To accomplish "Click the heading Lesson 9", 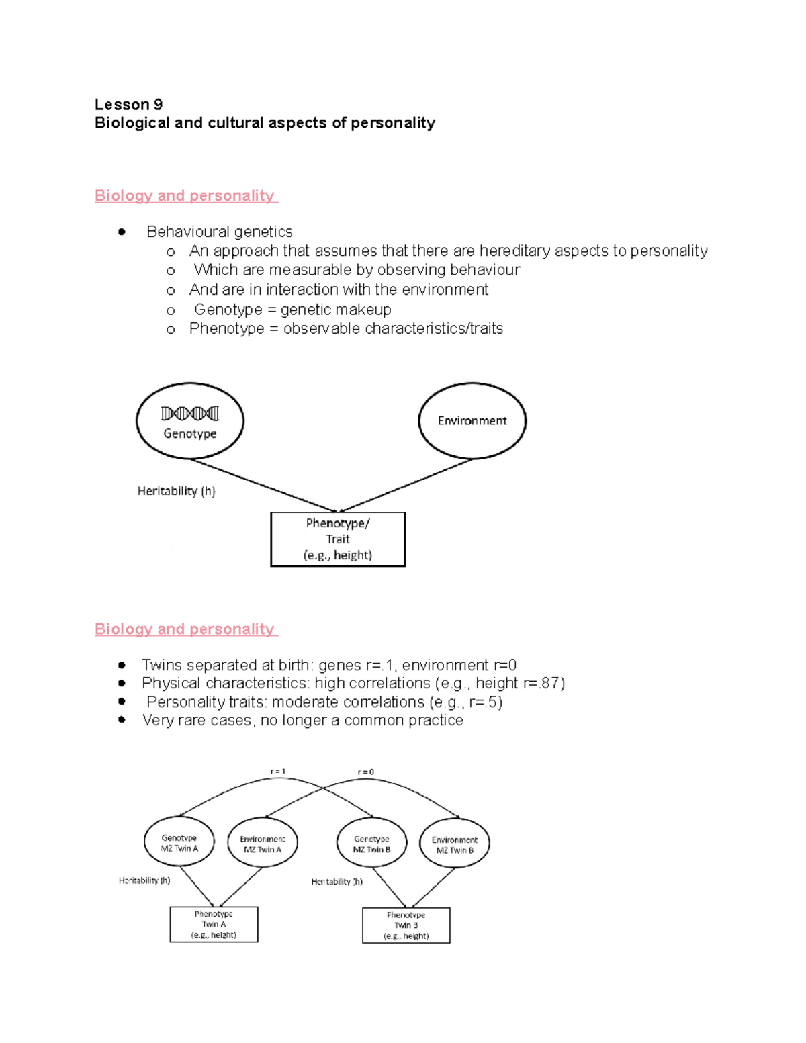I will [x=128, y=104].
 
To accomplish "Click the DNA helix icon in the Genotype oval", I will [x=189, y=413].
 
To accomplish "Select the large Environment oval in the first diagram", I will [x=472, y=421].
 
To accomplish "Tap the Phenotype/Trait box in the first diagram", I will [x=338, y=539].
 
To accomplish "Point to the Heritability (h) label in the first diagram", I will [x=176, y=491].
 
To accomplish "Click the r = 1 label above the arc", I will [x=278, y=772].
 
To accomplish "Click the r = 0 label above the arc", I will [x=365, y=772].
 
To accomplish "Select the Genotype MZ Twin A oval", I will [x=179, y=843].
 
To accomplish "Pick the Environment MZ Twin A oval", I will [x=263, y=844].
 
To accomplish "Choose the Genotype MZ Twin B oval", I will [x=371, y=844].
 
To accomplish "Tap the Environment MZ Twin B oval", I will [x=455, y=844].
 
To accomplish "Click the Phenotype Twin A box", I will [x=214, y=924].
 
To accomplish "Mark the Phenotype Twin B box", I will [x=406, y=925].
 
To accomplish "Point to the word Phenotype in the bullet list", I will [x=226, y=328].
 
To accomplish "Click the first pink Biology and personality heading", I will [x=185, y=195].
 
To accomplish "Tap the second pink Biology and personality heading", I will [x=185, y=629].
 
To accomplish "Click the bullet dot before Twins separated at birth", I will [x=122, y=665].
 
